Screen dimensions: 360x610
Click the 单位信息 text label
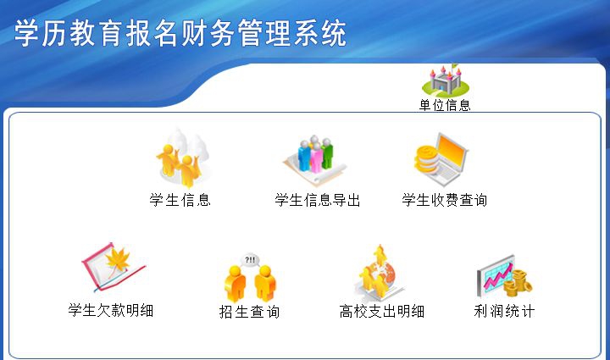pyautogui.click(x=445, y=106)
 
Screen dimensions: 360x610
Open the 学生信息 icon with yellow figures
pyautogui.click(x=180, y=160)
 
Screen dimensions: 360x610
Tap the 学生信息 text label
pyautogui.click(x=180, y=201)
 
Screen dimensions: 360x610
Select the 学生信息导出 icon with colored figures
pyautogui.click(x=309, y=158)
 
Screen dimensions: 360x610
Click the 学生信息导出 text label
pyautogui.click(x=318, y=201)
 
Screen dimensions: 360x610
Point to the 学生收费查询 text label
pyautogui.click(x=445, y=201)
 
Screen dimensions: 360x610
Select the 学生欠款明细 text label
pyautogui.click(x=111, y=311)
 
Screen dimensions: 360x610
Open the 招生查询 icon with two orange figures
pyautogui.click(x=251, y=280)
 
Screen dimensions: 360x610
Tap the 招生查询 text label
pyautogui.click(x=250, y=312)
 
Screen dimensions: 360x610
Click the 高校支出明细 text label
pyautogui.click(x=382, y=312)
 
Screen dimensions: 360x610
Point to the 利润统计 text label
pyautogui.click(x=504, y=311)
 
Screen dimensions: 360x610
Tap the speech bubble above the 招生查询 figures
pyautogui.click(x=250, y=259)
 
